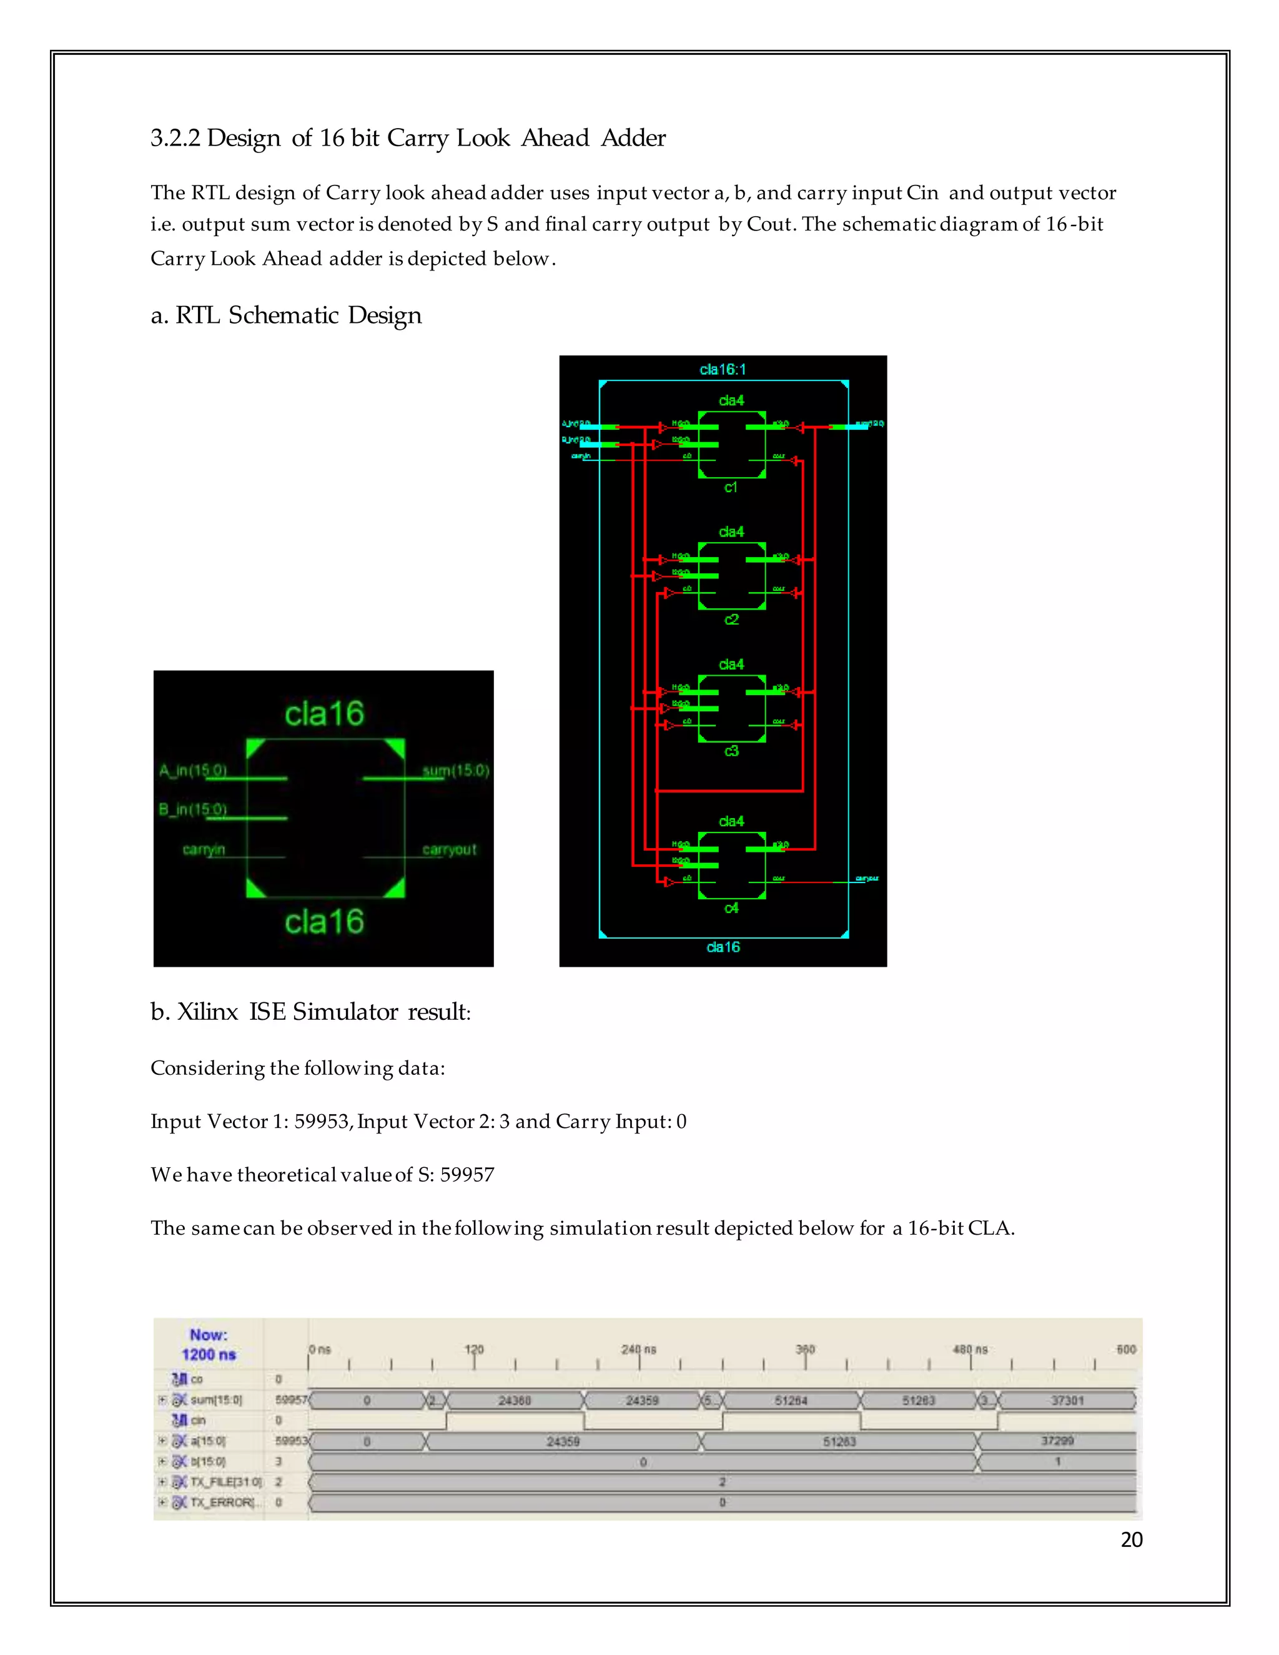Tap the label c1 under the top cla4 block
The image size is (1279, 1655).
click(x=731, y=487)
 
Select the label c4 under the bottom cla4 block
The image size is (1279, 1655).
click(x=731, y=908)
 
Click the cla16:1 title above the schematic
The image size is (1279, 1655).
click(x=722, y=369)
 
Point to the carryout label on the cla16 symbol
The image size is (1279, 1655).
click(x=449, y=849)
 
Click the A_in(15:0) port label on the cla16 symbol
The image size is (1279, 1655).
click(x=193, y=771)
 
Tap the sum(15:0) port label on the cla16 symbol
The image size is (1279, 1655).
click(x=455, y=771)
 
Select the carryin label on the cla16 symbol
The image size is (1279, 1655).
click(x=204, y=849)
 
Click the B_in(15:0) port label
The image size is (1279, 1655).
click(x=193, y=809)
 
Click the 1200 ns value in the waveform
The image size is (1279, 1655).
click(x=209, y=1354)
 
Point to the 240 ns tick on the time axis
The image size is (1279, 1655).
click(x=639, y=1350)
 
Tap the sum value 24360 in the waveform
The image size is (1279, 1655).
click(x=514, y=1400)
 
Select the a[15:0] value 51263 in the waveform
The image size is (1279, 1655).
click(x=839, y=1441)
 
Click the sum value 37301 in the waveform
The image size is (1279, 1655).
click(x=1067, y=1400)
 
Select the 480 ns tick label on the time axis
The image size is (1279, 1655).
click(x=970, y=1350)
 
